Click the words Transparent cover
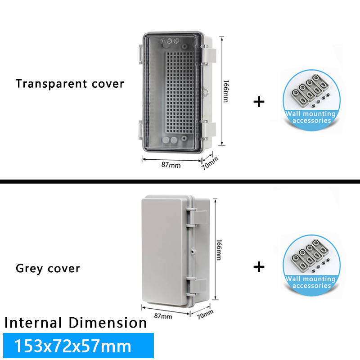click(70, 84)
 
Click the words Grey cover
click(48, 269)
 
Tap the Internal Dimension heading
click(76, 323)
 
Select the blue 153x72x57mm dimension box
click(78, 346)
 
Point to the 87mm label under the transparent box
click(171, 165)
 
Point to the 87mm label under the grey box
click(163, 316)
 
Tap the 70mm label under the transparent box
click(210, 163)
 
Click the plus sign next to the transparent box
click(259, 102)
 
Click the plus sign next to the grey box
click(259, 267)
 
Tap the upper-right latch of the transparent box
click(209, 54)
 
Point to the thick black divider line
click(180, 182)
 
